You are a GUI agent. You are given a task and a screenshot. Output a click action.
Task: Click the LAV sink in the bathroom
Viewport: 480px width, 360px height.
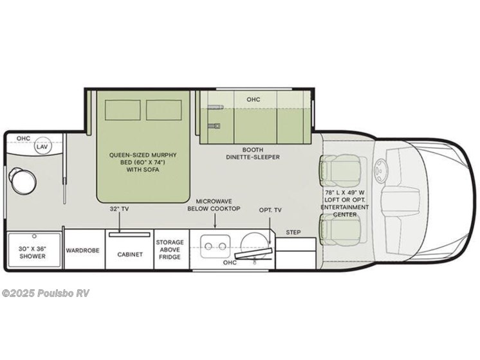pos(42,147)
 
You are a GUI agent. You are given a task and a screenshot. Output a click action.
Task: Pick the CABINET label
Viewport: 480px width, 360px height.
pos(129,254)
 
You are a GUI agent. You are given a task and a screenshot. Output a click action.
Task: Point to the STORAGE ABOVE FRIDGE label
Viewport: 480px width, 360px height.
pos(171,249)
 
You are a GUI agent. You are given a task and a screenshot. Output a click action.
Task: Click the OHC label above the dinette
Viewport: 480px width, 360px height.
pos(253,100)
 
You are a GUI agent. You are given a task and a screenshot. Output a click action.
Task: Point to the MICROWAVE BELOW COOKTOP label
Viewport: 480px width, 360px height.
pos(214,204)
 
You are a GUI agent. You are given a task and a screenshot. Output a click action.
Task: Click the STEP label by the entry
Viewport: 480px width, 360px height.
pos(293,232)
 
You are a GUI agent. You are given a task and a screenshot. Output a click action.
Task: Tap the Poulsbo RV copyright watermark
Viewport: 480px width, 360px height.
pos(46,293)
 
